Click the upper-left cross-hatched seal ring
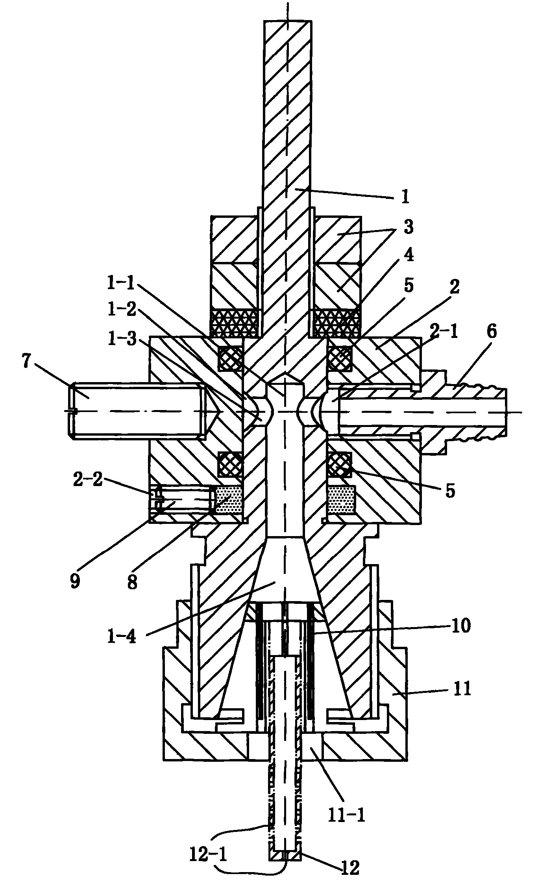pyautogui.click(x=230, y=358)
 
